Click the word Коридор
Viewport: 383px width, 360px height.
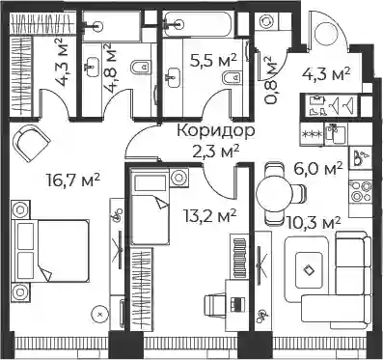coord(216,131)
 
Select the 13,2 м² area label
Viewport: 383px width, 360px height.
coord(210,215)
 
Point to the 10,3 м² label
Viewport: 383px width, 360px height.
coord(314,223)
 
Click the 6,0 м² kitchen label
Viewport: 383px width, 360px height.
coord(317,168)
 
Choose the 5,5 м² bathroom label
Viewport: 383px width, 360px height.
coord(213,61)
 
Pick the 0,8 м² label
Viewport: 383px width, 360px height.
coord(270,80)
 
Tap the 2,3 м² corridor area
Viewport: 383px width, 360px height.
coord(216,151)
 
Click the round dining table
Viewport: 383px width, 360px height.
coord(275,194)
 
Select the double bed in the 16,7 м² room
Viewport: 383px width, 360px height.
coord(50,251)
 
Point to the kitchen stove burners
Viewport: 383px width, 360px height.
coord(361,191)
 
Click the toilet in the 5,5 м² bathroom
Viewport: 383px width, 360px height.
coord(233,77)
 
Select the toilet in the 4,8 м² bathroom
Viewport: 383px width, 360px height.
coord(141,67)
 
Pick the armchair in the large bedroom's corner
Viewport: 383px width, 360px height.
coord(31,143)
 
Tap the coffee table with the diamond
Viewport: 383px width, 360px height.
coord(309,269)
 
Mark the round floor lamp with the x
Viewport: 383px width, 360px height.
coord(100,313)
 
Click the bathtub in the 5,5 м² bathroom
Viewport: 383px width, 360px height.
coord(199,24)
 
